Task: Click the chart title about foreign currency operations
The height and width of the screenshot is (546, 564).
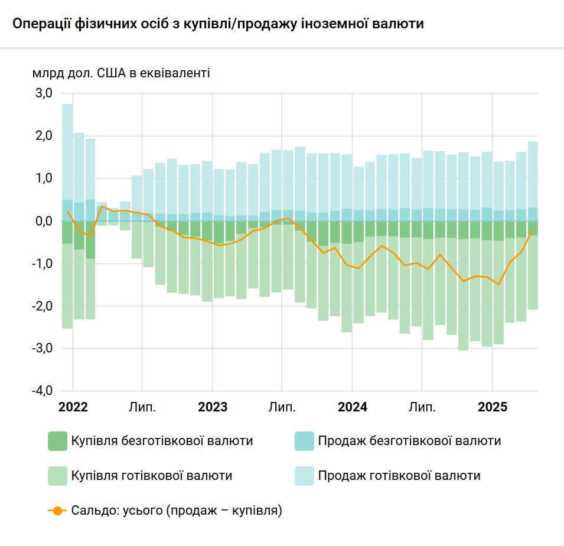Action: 218,24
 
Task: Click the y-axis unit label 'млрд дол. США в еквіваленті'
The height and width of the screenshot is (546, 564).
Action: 121,73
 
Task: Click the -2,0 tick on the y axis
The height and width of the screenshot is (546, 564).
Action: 44,306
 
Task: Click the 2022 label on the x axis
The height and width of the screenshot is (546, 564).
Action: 73,407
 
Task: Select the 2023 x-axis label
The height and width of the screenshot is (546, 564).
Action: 213,407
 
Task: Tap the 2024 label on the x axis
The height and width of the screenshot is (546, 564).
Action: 352,407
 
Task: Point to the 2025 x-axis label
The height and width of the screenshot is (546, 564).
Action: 492,407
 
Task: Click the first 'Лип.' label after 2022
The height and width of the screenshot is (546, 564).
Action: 142,407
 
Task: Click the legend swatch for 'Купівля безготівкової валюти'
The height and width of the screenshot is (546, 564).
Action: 57,441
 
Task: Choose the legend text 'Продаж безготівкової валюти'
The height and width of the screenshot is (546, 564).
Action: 409,441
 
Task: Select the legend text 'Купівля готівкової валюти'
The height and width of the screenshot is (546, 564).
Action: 151,475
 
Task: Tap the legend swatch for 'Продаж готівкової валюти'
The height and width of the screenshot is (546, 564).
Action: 304,475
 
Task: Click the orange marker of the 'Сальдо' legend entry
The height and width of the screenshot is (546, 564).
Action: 57,510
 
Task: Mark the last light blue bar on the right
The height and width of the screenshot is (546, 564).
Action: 533,174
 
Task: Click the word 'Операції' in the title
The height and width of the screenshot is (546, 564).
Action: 39,24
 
